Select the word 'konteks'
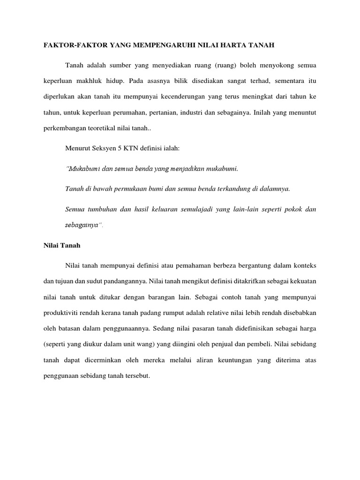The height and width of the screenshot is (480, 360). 303,265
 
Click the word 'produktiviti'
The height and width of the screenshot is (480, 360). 61,312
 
